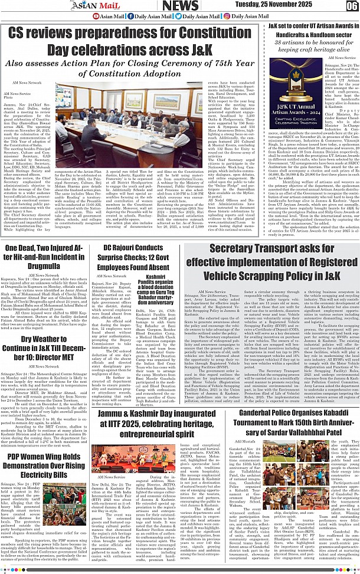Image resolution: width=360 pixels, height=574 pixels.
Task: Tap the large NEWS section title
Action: pyautogui.click(x=180, y=6)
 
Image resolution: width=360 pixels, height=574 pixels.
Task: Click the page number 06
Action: pyautogui.click(x=352, y=5)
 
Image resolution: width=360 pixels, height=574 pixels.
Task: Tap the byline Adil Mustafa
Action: pyautogui.click(x=246, y=440)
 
